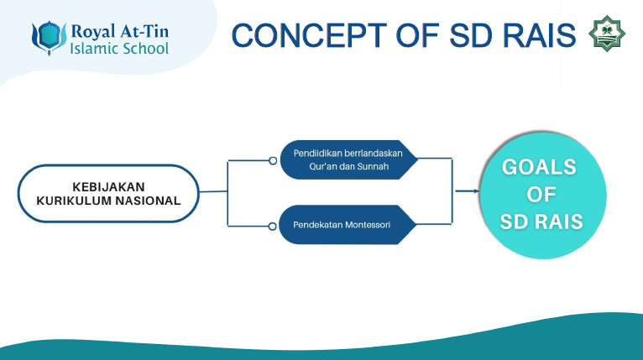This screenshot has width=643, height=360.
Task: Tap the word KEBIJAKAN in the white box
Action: click(107, 185)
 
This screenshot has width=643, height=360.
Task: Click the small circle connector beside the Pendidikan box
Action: click(273, 160)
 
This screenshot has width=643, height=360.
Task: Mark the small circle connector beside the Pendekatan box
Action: click(273, 226)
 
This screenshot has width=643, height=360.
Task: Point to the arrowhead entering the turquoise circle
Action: click(476, 191)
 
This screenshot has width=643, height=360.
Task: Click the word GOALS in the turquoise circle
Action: click(540, 167)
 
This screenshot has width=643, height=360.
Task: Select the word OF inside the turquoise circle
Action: click(540, 195)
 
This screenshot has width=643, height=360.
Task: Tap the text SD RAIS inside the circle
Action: click(540, 222)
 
